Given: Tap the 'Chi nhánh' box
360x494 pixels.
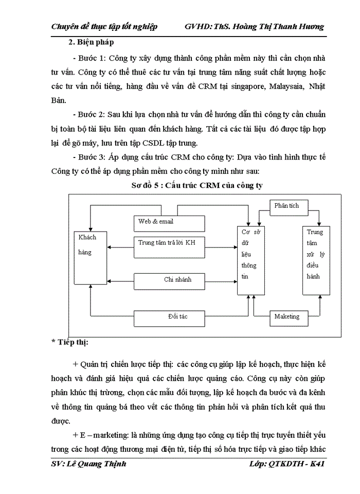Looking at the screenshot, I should [x=170, y=280].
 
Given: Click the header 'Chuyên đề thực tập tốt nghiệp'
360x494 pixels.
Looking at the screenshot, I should [x=105, y=27].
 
